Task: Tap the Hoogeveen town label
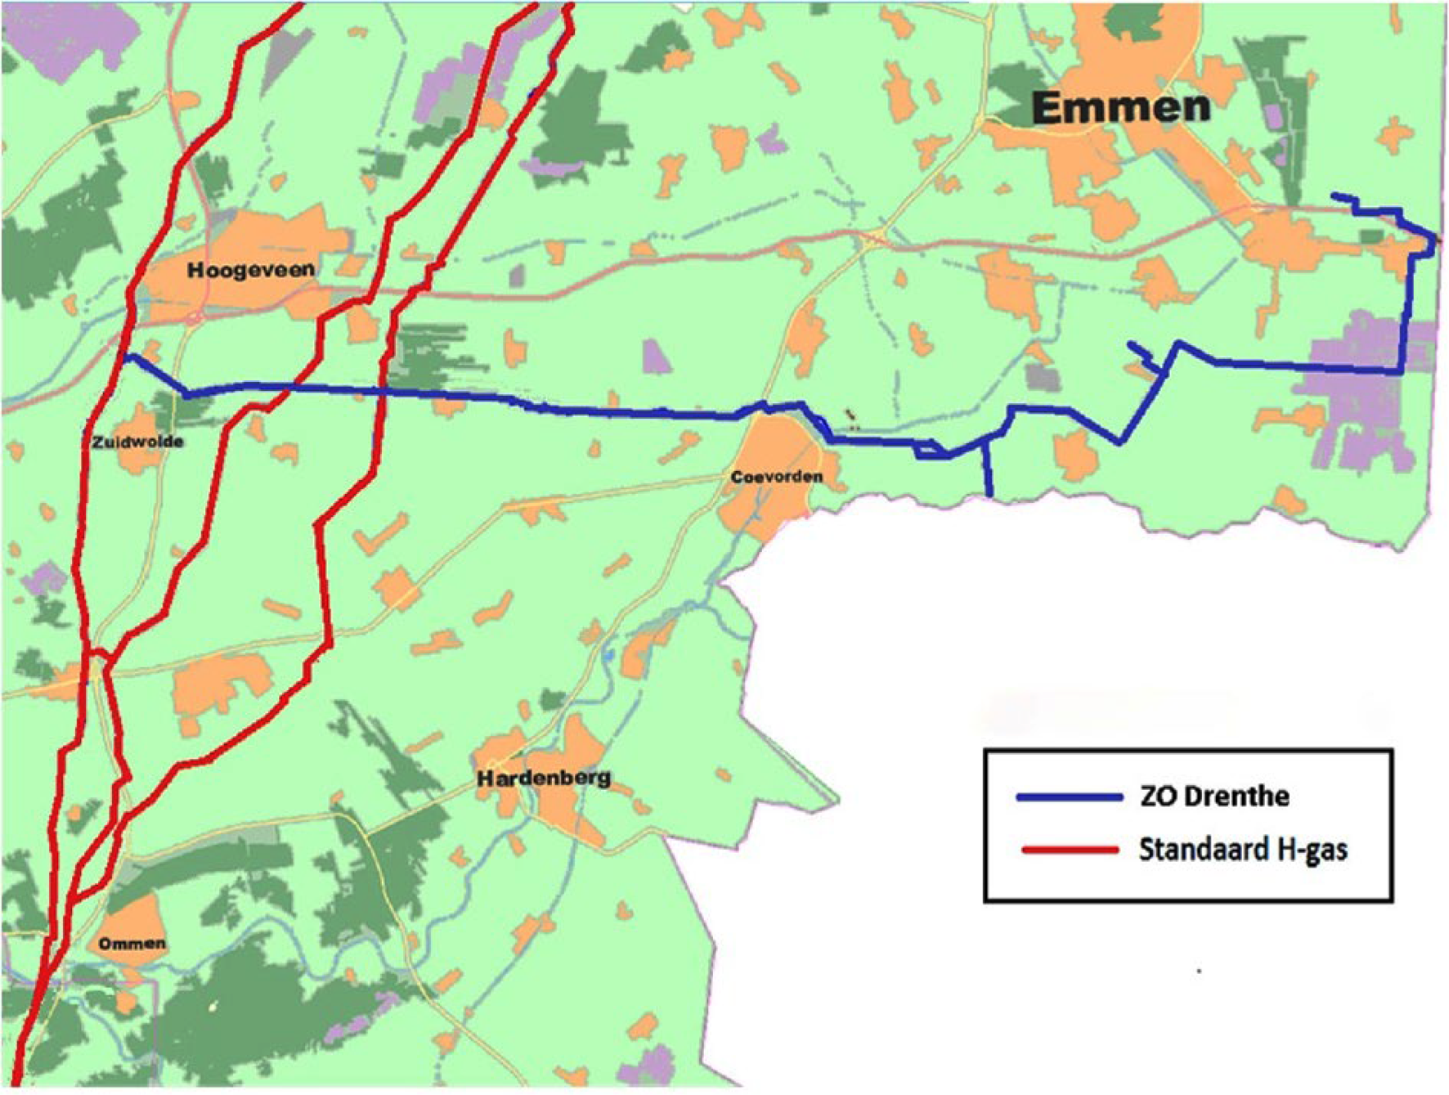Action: (x=250, y=270)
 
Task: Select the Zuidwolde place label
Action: (x=137, y=442)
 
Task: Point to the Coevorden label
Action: (x=776, y=476)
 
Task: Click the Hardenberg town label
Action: (x=544, y=777)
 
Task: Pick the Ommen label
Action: (x=132, y=944)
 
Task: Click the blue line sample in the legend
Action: (x=1069, y=797)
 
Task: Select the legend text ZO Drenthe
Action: (x=1214, y=796)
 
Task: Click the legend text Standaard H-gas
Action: (x=1242, y=850)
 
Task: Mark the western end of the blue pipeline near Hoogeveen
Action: (x=126, y=357)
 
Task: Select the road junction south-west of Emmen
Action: (x=877, y=238)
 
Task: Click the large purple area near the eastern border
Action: (x=1357, y=393)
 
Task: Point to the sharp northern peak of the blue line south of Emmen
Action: (x=1178, y=343)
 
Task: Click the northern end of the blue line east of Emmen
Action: (x=1335, y=195)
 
